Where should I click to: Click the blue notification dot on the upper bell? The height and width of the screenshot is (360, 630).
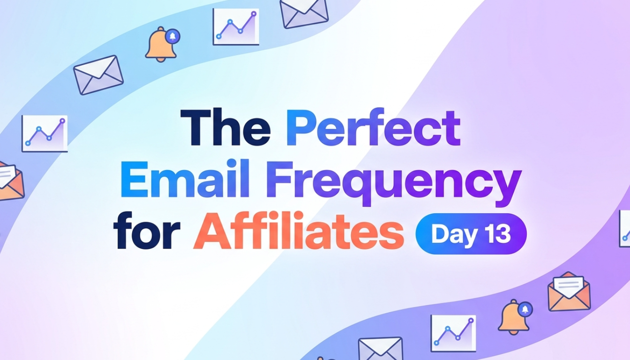click(173, 36)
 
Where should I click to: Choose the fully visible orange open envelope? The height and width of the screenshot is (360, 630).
click(569, 292)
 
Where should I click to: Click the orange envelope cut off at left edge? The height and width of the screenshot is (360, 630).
click(10, 181)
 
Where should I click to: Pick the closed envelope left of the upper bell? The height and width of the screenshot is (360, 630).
click(98, 75)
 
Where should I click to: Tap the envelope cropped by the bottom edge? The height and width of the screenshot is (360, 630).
click(381, 349)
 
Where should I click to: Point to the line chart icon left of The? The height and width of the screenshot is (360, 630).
click(45, 134)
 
